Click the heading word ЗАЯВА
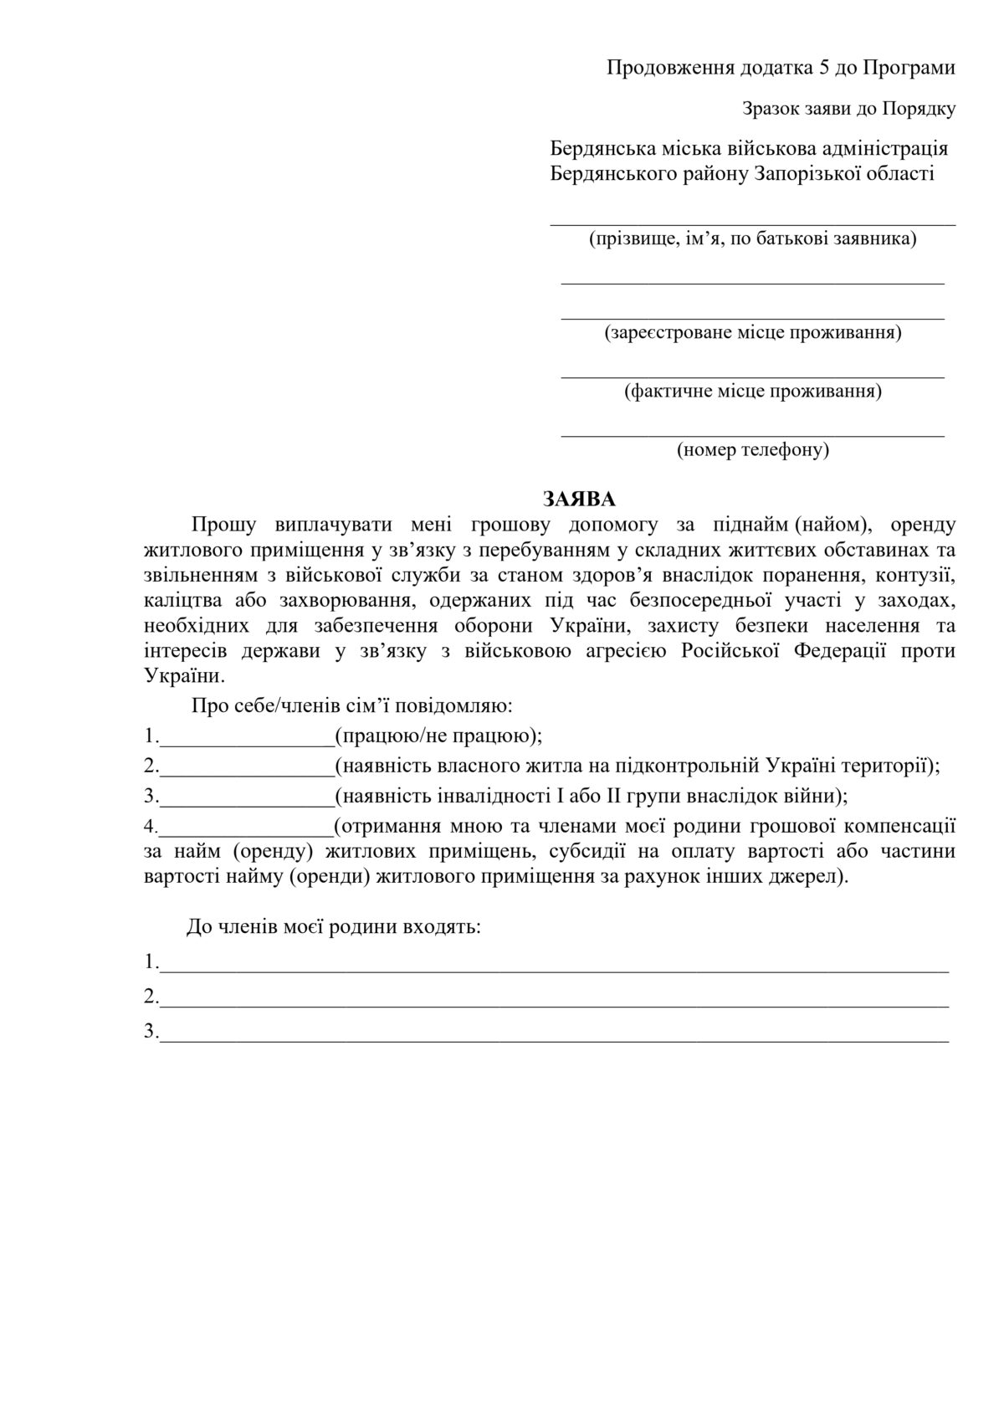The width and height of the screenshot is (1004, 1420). [579, 500]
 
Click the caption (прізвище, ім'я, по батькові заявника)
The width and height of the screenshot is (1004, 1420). [752, 239]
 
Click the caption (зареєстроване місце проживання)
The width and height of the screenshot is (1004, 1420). [752, 332]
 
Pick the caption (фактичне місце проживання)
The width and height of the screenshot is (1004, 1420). [752, 391]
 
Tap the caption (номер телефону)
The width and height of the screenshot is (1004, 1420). [752, 450]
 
